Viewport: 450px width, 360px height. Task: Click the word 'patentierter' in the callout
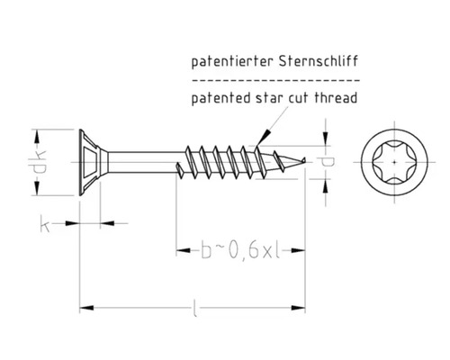coord(226,64)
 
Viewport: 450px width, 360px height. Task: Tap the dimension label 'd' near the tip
coord(328,163)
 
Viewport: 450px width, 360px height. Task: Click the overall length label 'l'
coord(195,312)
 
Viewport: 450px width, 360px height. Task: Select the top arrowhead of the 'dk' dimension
coord(36,130)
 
